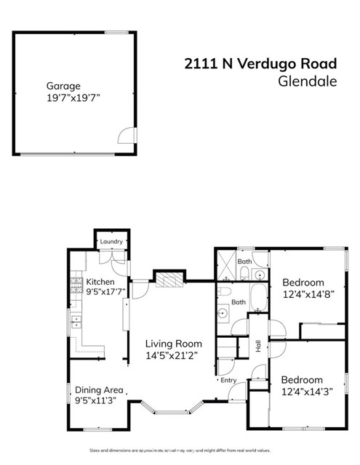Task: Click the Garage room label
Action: [x=63, y=85]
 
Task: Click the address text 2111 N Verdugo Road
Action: [x=260, y=64]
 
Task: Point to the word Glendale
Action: [x=308, y=81]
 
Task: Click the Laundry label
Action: [x=111, y=242]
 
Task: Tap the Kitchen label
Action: [x=100, y=282]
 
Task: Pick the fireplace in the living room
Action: [x=168, y=280]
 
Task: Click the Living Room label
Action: [x=173, y=344]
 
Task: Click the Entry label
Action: [x=228, y=380]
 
